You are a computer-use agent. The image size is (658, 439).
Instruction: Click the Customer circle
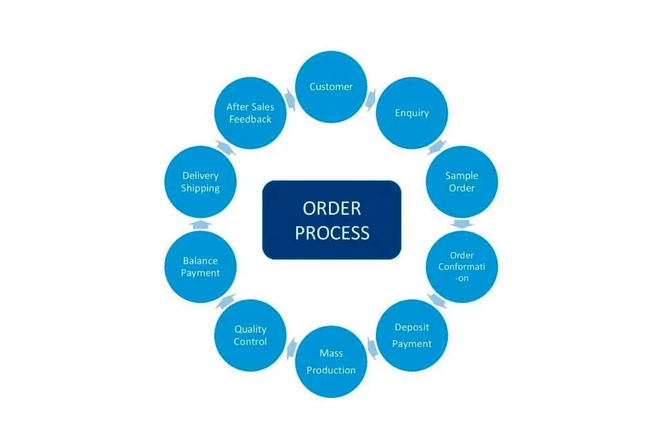click(x=331, y=87)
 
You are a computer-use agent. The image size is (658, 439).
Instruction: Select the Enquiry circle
click(x=412, y=114)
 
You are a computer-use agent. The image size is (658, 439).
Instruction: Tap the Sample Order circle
click(x=462, y=182)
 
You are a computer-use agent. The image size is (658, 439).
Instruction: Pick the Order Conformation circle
click(x=462, y=266)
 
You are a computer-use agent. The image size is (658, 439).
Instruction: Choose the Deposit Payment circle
click(x=412, y=335)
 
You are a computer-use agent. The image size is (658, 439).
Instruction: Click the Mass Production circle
click(x=331, y=361)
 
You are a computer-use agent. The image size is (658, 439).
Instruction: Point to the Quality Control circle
click(x=250, y=335)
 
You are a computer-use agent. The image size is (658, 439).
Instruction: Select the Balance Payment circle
click(x=200, y=266)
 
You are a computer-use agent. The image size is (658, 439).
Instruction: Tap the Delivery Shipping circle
click(x=200, y=182)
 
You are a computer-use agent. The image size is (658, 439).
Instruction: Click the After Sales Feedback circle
click(x=250, y=114)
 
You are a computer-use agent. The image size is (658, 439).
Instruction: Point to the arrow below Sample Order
click(x=462, y=224)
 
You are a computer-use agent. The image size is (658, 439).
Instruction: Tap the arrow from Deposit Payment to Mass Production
click(x=372, y=348)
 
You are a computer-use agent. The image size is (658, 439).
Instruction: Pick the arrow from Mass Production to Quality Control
click(x=290, y=348)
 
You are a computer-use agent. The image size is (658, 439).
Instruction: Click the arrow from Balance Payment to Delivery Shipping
click(x=200, y=224)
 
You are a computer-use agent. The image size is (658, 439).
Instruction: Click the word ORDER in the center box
click(x=332, y=208)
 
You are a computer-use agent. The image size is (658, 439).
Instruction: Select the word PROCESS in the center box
click(x=332, y=233)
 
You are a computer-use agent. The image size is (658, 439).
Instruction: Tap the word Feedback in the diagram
click(x=250, y=120)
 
